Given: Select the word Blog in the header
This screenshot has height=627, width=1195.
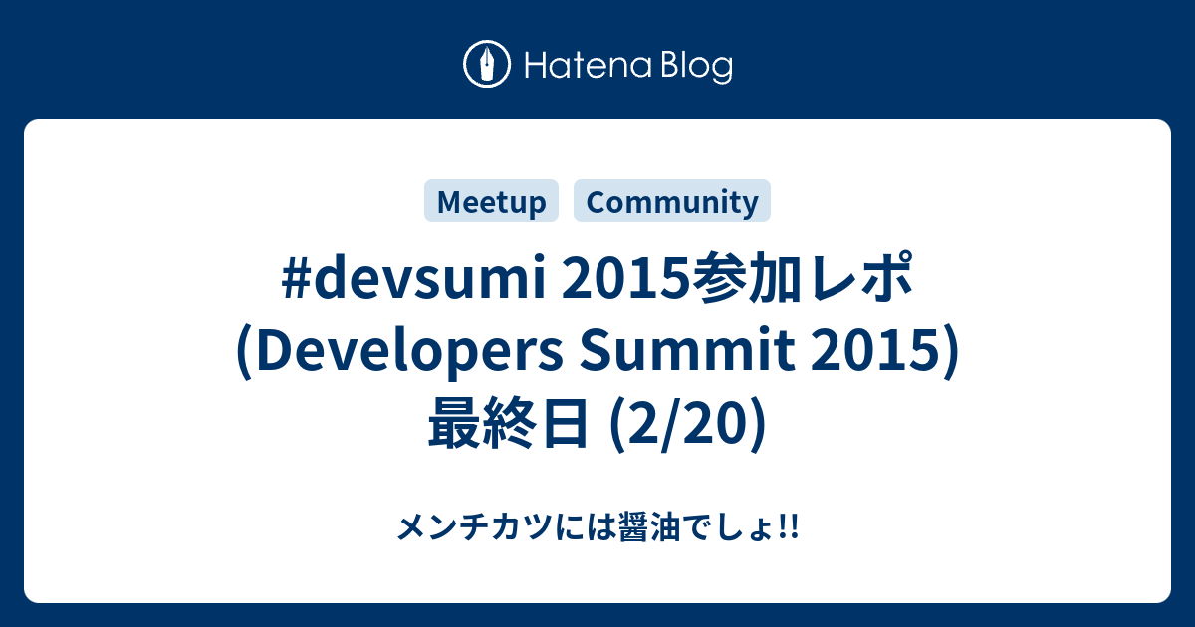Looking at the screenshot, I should pyautogui.click(x=693, y=67).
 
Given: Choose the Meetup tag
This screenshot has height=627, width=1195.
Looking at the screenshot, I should pyautogui.click(x=492, y=202).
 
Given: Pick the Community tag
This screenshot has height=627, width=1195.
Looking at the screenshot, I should pyautogui.click(x=672, y=202).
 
